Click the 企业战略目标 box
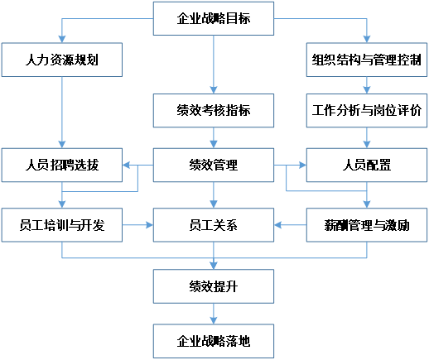(x=214, y=18)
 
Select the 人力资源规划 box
(x=62, y=60)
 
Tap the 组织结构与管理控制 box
(x=367, y=60)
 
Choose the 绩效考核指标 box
(x=214, y=110)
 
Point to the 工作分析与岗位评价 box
(x=367, y=110)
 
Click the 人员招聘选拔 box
(x=62, y=165)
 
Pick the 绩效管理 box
(x=214, y=165)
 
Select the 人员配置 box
(x=367, y=165)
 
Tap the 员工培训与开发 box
(x=62, y=225)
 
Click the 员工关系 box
(x=214, y=225)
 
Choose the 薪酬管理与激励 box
(x=367, y=225)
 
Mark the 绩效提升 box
(x=214, y=286)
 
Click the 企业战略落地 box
(x=214, y=341)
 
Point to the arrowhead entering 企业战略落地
(x=214, y=320)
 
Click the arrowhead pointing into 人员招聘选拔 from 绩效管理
(x=126, y=166)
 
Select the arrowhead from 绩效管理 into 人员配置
(x=302, y=166)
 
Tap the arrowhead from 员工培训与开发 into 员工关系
(x=149, y=225)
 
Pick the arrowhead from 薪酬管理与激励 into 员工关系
(x=277, y=225)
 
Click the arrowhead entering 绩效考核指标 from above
(x=214, y=90)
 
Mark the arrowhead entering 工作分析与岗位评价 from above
(x=367, y=90)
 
